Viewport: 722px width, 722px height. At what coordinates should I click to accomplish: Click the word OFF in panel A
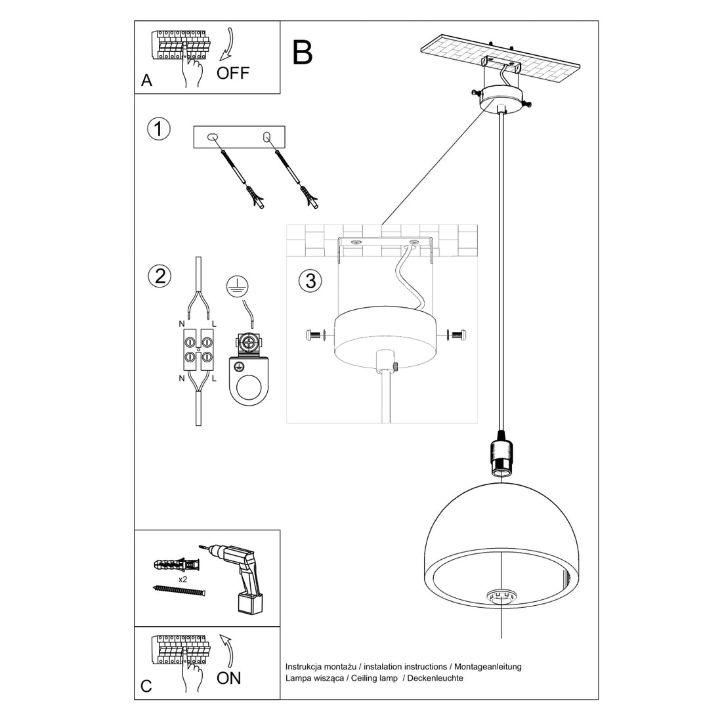233,72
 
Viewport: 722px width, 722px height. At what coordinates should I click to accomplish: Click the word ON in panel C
228,677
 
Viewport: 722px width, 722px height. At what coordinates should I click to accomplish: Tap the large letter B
303,52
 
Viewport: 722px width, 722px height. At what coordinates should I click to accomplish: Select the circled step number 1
158,129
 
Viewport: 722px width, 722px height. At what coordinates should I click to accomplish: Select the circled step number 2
158,276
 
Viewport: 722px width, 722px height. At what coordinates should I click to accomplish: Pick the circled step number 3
310,281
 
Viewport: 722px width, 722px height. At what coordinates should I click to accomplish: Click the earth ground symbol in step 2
234,284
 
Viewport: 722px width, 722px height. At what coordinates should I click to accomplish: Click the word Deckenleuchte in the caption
435,678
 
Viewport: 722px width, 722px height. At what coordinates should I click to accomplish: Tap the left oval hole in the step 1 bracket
212,137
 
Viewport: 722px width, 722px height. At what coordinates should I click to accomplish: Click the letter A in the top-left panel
146,81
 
